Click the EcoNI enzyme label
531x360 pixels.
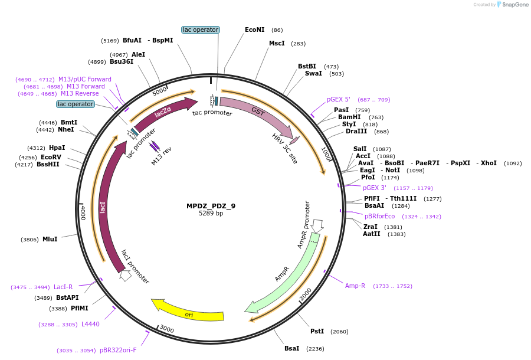255,30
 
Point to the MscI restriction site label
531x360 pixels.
277,43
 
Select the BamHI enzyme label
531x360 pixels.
349,117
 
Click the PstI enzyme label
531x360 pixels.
317,331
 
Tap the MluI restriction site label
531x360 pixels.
50,239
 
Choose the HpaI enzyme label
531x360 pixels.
57,148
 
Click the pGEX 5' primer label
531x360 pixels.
339,99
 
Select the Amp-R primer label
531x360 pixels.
355,286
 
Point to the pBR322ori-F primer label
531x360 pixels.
118,350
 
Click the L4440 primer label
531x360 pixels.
90,324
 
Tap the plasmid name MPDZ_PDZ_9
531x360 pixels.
211,206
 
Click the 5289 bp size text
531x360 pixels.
211,214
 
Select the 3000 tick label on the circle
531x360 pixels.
167,329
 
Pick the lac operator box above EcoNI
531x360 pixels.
201,30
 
